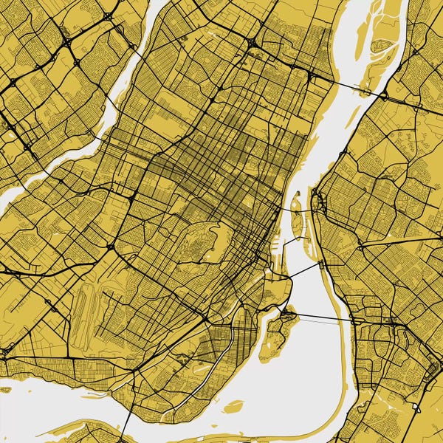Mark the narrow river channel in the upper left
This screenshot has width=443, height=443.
click(x=111, y=111)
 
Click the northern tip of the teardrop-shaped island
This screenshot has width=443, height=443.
click(x=298, y=194)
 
